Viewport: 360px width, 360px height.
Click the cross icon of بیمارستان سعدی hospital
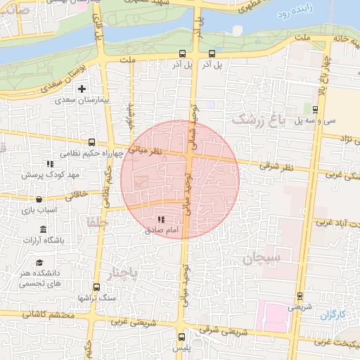tap(82, 89)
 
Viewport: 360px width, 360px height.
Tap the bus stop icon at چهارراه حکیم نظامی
tap(91, 142)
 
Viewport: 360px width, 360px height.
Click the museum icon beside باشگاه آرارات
tap(44, 230)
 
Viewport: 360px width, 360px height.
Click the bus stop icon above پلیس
tap(181, 337)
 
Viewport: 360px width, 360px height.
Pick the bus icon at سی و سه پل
tap(315, 109)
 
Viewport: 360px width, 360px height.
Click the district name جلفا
tap(96, 222)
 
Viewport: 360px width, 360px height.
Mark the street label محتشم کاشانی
tap(49, 314)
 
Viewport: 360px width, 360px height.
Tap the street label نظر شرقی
tap(276, 167)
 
